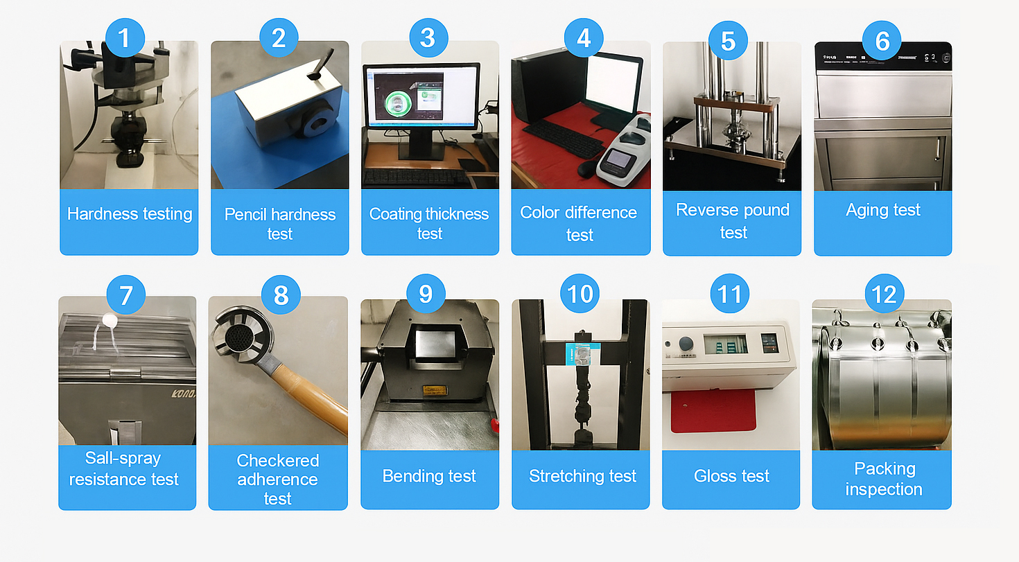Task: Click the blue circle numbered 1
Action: click(x=124, y=37)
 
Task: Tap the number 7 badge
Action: click(x=125, y=295)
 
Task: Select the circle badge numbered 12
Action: click(x=884, y=295)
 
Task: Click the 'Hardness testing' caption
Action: click(x=130, y=214)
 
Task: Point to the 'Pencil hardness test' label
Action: click(x=280, y=224)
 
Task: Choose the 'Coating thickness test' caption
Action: click(x=429, y=224)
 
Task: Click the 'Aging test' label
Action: click(x=883, y=210)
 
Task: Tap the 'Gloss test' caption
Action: click(x=731, y=476)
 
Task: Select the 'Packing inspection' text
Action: click(x=883, y=479)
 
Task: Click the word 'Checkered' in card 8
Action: click(x=278, y=461)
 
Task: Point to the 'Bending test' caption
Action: click(x=429, y=476)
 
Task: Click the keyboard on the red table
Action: click(x=561, y=139)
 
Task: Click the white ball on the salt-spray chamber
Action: click(x=109, y=320)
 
